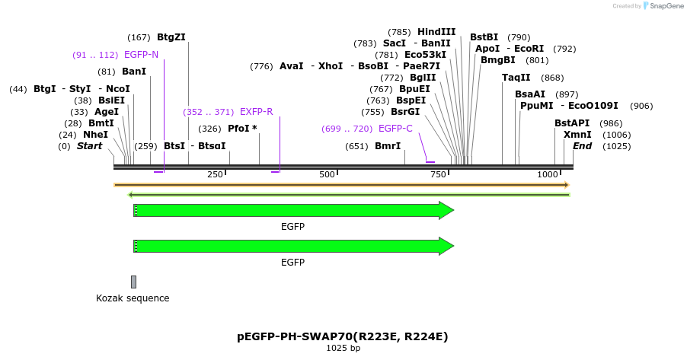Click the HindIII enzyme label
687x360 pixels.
(436, 32)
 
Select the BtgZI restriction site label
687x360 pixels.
(171, 37)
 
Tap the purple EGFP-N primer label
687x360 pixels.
(141, 55)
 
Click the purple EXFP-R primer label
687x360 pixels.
(256, 112)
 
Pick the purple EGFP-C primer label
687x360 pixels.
(395, 129)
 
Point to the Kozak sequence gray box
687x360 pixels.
(133, 282)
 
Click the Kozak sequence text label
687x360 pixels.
(133, 298)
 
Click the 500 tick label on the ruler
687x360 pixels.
(328, 175)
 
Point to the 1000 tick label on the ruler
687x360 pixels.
(548, 175)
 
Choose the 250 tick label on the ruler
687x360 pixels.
(215, 175)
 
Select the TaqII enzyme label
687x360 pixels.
(516, 78)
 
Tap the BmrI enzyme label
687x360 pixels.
(388, 146)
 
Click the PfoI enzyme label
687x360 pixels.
(242, 129)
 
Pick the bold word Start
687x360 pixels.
(89, 146)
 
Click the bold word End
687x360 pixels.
(582, 146)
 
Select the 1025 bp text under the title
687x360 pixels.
(343, 348)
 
